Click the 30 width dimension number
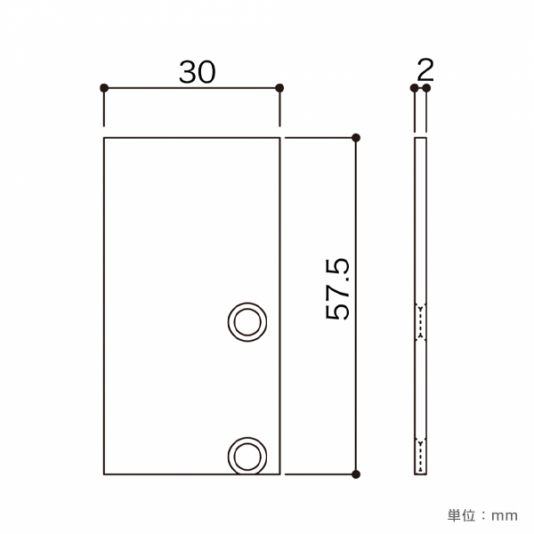(x=198, y=72)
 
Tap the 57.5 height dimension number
(x=337, y=289)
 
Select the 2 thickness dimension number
(x=425, y=69)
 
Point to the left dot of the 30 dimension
(x=104, y=88)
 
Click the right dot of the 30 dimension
(x=279, y=88)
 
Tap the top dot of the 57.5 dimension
(x=356, y=138)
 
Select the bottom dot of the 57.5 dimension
(x=356, y=474)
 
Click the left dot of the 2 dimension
(x=414, y=88)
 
